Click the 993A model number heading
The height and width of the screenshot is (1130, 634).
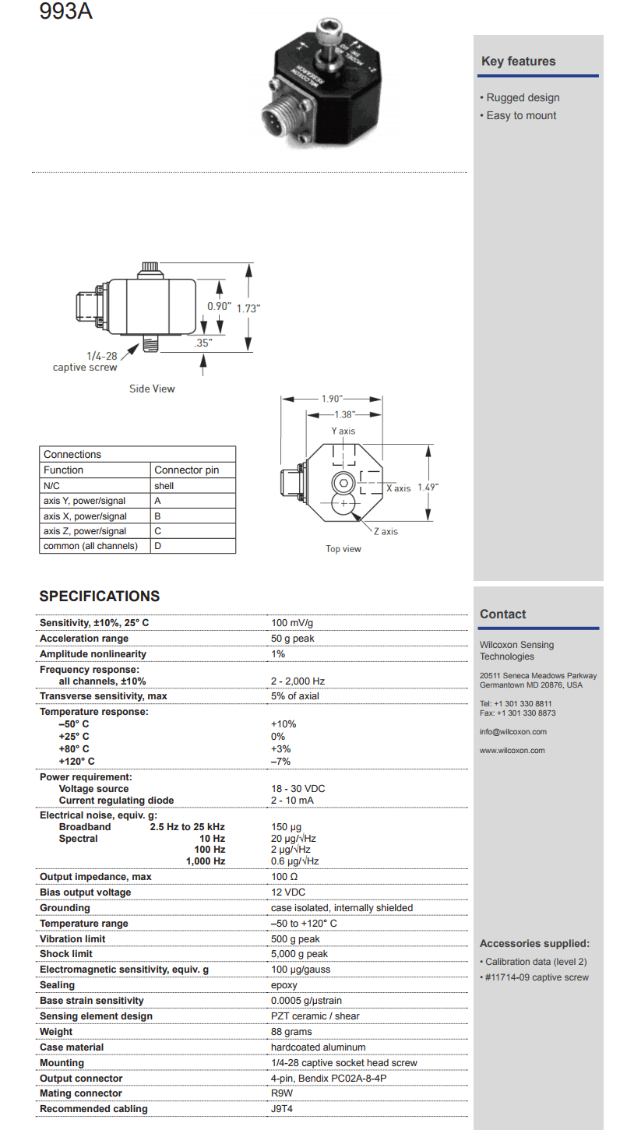coord(65,12)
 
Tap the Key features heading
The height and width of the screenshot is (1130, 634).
coord(518,62)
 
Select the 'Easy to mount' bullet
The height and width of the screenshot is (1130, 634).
coord(521,116)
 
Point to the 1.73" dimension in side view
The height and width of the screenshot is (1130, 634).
coord(248,308)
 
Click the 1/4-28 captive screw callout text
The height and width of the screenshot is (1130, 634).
coord(85,361)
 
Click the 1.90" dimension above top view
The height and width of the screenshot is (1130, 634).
coord(332,399)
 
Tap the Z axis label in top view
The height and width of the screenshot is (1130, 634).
coord(385,532)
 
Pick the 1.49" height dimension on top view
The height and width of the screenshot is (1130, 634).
coord(428,487)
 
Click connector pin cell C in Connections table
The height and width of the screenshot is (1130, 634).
coord(157,531)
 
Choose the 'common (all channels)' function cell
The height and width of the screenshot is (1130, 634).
coord(90,546)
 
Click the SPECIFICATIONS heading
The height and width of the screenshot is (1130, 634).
coord(99,597)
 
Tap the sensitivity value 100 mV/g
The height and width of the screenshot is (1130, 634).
coord(292,623)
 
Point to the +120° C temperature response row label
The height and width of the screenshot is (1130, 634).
coord(76,761)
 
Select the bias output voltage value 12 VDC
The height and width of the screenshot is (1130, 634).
coord(288,892)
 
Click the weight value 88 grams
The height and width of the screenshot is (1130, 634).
coord(291,1032)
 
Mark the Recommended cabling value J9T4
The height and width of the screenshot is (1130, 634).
coord(283,1109)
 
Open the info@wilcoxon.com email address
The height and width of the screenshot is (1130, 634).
coord(512,732)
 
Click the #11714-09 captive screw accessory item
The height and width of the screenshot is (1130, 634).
coord(536,977)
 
